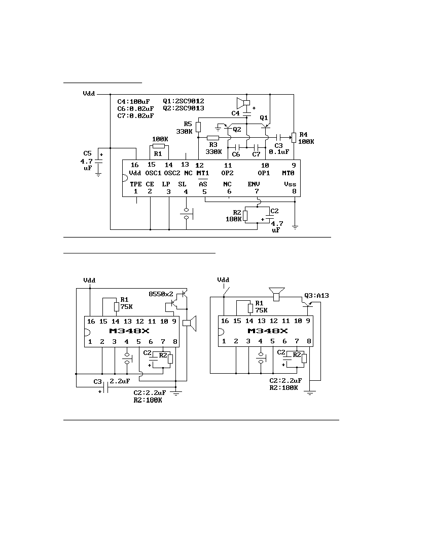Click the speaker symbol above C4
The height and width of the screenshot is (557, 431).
tap(243, 103)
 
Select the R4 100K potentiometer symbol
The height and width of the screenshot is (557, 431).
tap(294, 137)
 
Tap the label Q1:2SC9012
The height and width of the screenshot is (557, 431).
tap(184, 101)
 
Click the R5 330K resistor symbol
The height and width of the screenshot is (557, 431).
tap(198, 127)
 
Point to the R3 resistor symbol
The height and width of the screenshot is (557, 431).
tap(213, 137)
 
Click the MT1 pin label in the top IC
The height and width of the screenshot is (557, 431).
tap(203, 173)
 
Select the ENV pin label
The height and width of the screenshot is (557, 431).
tap(254, 184)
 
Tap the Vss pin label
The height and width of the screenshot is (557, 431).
tap(290, 184)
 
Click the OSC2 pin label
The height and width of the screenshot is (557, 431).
tap(172, 173)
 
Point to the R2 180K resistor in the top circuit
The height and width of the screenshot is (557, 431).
tap(245, 216)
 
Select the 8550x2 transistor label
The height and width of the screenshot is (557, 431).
tap(161, 294)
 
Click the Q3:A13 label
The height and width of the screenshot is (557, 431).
tap(316, 296)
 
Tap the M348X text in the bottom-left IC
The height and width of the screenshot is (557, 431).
tap(129, 331)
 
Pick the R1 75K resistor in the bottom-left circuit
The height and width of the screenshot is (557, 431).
tap(117, 306)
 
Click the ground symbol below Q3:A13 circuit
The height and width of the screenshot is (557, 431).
tap(310, 392)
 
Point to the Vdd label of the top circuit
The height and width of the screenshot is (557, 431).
tap(89, 94)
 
